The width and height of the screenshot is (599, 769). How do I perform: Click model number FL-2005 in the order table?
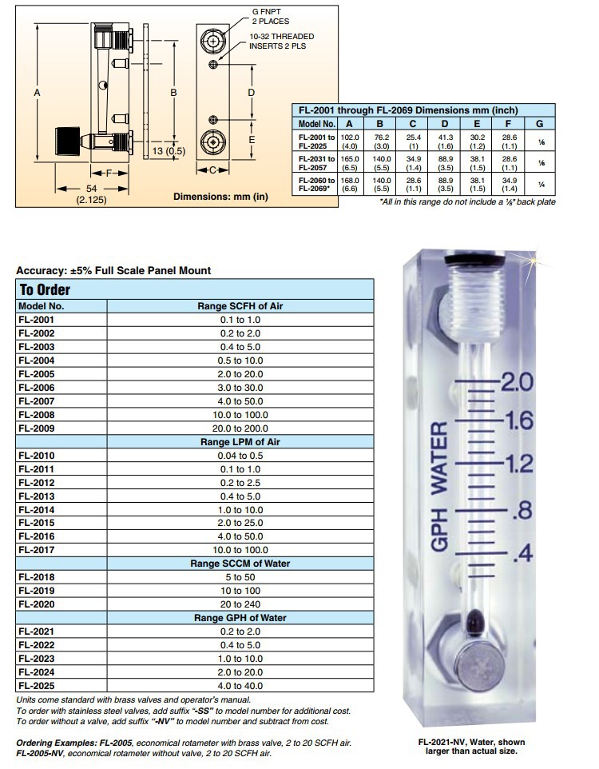click(35, 373)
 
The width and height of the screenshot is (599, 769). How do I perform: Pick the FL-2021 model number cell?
click(35, 632)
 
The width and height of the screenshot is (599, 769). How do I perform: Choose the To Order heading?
click(45, 290)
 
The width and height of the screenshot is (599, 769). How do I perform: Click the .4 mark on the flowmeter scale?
click(522, 552)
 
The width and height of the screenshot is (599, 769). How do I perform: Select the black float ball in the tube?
click(477, 618)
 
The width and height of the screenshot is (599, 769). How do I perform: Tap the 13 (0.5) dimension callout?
click(168, 151)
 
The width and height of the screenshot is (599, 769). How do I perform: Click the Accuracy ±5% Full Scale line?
click(113, 270)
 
